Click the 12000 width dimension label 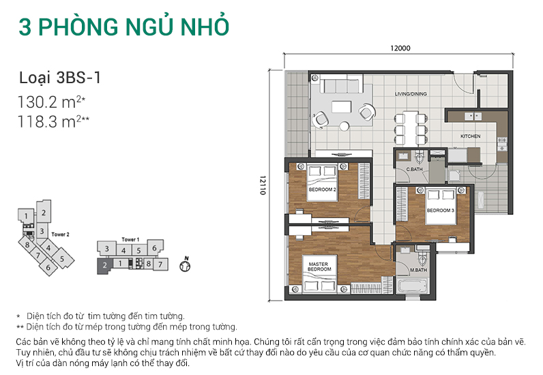(400, 48)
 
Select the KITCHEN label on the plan (471, 136)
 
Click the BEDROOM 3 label (440, 211)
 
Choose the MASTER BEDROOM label (319, 267)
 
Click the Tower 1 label (130, 240)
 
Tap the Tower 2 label (61, 234)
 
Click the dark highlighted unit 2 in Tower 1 (104, 264)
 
